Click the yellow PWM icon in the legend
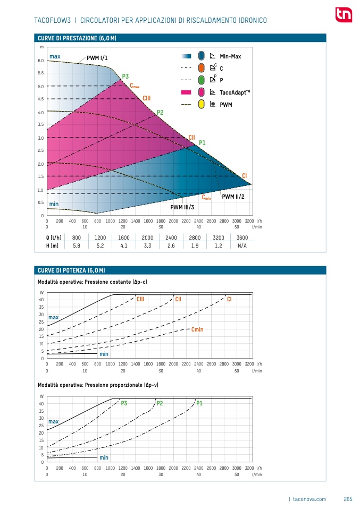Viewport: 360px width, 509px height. pos(201,104)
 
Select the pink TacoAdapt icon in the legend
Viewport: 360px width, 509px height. pos(201,92)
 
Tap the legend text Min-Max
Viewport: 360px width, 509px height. pos(230,56)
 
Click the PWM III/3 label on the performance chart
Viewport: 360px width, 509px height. pos(182,207)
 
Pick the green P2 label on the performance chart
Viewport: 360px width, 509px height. pos(160,113)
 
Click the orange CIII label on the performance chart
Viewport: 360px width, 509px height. pos(147,98)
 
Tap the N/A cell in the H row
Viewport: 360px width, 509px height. pos(242,245)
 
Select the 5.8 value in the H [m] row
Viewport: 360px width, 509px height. pos(77,245)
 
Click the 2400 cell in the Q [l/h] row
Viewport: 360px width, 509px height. pos(171,237)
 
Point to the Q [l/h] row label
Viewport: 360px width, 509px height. pos(53,237)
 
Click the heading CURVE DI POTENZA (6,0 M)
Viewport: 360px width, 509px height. pos(71,271)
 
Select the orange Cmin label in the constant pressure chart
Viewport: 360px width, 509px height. pos(197,330)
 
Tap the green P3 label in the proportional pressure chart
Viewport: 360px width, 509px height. pos(124,404)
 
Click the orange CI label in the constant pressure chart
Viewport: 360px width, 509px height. pos(229,300)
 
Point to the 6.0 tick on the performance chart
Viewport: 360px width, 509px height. pos(41,61)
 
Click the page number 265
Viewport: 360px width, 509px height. pos(348,499)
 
